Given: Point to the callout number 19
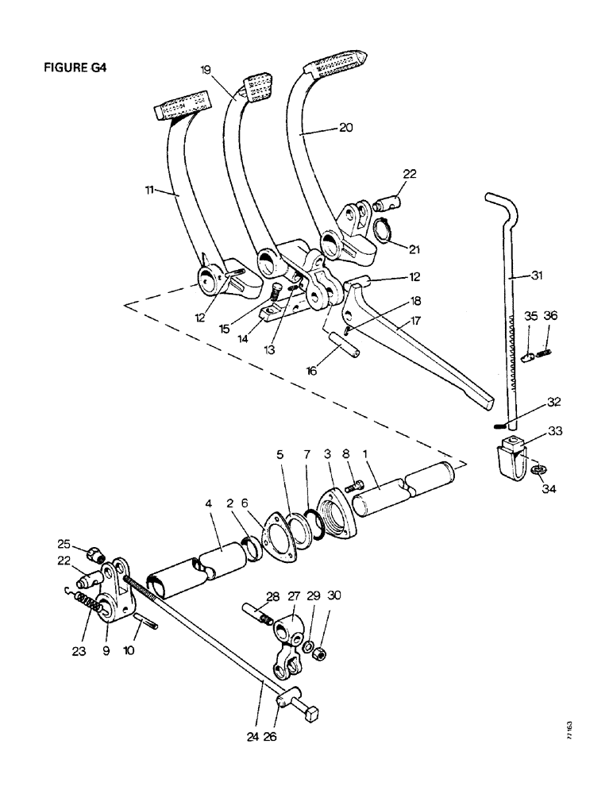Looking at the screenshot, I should [x=206, y=70].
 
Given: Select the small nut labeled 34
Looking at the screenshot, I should [x=537, y=469].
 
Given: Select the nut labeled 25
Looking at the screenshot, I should [x=91, y=553].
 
